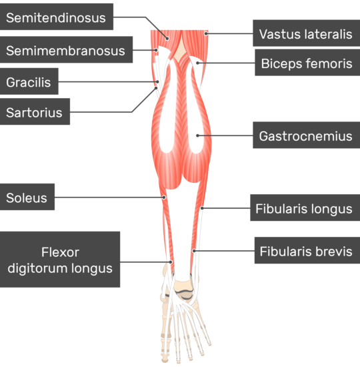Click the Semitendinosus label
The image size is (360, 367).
[x=57, y=17]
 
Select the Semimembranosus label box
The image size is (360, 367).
[x=66, y=49]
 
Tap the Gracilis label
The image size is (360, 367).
[x=29, y=81]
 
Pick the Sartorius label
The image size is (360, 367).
[x=35, y=111]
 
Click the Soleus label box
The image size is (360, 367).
[x=27, y=197]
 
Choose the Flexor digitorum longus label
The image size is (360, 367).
[x=60, y=260]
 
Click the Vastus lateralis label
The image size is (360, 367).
[x=307, y=33]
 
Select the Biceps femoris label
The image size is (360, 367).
[x=307, y=63]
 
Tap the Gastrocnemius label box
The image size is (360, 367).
[x=307, y=135]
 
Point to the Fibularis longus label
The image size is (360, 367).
[x=305, y=208]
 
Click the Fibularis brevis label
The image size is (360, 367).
[x=307, y=250]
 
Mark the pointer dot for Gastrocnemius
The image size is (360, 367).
[x=197, y=135]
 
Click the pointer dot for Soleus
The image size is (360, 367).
[x=164, y=198]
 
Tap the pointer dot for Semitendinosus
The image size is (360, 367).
[x=167, y=39]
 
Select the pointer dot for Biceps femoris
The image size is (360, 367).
[x=197, y=63]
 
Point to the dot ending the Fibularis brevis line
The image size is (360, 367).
[x=194, y=251]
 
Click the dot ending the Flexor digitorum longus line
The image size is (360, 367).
[x=171, y=262]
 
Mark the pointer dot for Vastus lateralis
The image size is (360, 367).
[x=206, y=34]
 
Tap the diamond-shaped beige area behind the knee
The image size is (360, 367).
[x=180, y=51]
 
